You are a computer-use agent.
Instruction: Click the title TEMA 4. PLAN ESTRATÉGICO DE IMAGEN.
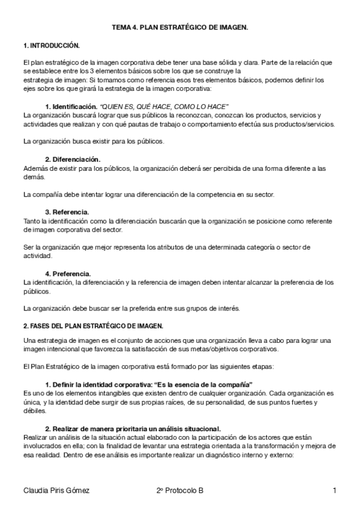click(x=180, y=28)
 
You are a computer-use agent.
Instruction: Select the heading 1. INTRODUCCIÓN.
click(x=51, y=45)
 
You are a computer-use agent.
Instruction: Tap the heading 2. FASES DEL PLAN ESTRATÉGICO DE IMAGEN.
click(x=93, y=326)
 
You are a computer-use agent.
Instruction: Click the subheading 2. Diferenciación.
click(x=73, y=159)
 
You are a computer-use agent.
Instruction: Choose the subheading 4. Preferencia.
click(x=69, y=273)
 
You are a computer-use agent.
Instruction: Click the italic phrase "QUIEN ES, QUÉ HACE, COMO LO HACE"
click(x=164, y=106)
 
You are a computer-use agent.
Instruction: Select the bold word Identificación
click(x=75, y=106)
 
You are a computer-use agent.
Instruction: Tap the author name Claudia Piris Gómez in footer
click(x=56, y=491)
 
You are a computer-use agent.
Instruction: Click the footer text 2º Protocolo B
click(x=179, y=491)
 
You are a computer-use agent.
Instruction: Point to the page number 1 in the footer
click(x=334, y=491)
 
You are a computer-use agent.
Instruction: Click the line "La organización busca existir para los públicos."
click(x=88, y=141)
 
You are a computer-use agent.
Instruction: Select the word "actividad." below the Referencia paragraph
click(x=36, y=255)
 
